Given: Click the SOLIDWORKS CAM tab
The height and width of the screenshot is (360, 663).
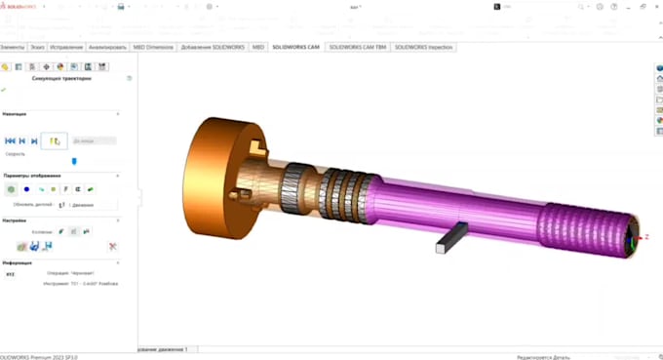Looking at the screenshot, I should point(296,47).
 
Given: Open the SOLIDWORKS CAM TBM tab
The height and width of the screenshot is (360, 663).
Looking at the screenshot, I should point(356,47).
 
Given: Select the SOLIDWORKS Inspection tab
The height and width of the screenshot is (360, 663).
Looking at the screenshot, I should point(423,47).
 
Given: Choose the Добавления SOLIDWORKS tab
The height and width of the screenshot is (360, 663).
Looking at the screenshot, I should point(213,47).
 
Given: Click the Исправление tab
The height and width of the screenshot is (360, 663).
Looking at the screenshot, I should point(66,47).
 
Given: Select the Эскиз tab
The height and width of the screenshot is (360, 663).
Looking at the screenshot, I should point(36,47).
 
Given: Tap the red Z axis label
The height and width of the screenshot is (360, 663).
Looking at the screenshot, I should point(646,237).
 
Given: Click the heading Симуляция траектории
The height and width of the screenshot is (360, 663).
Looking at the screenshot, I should point(62,79).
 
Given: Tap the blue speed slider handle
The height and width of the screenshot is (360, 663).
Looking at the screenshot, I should point(74,161).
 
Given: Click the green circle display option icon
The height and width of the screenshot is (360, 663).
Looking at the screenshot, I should point(11,189).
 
